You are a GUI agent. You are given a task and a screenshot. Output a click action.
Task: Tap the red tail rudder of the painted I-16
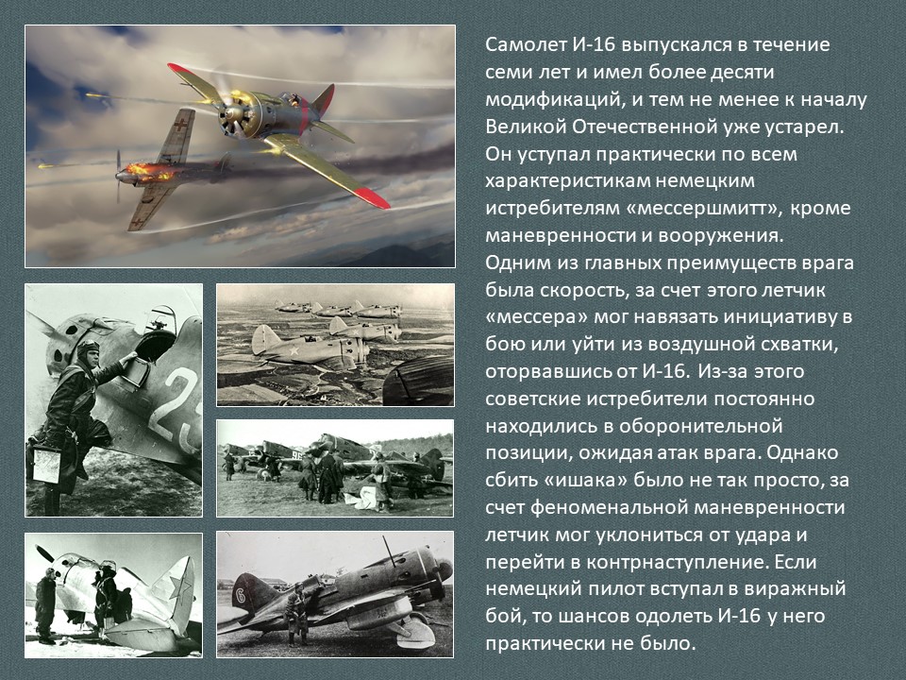click(x=324, y=99)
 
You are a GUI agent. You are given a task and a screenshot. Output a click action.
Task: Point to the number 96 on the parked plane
click(x=296, y=455)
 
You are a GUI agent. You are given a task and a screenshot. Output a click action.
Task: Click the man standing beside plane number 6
click(x=297, y=614)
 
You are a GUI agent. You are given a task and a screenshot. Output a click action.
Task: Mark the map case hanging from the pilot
click(x=46, y=465)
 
